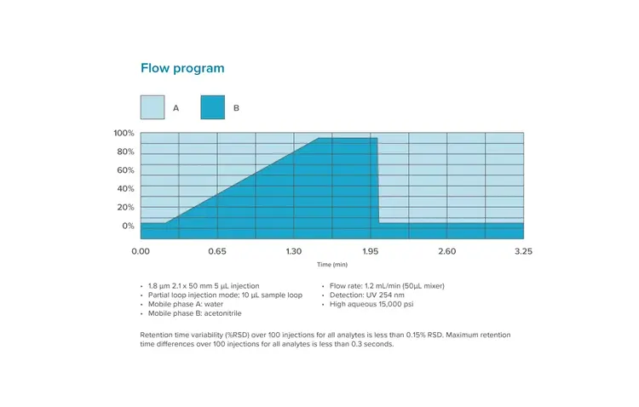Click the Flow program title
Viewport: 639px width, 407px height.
[182, 67]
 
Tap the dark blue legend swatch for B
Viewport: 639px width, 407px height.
[212, 107]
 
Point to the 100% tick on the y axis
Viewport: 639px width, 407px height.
[124, 133]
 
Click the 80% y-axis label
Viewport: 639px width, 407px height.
[125, 152]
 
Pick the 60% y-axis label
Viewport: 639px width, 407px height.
[125, 170]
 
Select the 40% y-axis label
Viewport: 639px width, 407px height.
[125, 189]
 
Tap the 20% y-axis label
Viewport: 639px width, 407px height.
[125, 208]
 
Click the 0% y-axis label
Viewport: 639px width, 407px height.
[128, 226]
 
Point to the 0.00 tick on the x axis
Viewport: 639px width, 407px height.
[141, 252]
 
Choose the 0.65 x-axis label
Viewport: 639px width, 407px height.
[217, 252]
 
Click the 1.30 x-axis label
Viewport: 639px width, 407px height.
[294, 252]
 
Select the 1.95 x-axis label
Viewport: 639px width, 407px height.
[371, 252]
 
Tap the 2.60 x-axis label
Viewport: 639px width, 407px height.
[447, 252]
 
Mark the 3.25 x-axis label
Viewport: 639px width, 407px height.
[523, 252]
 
